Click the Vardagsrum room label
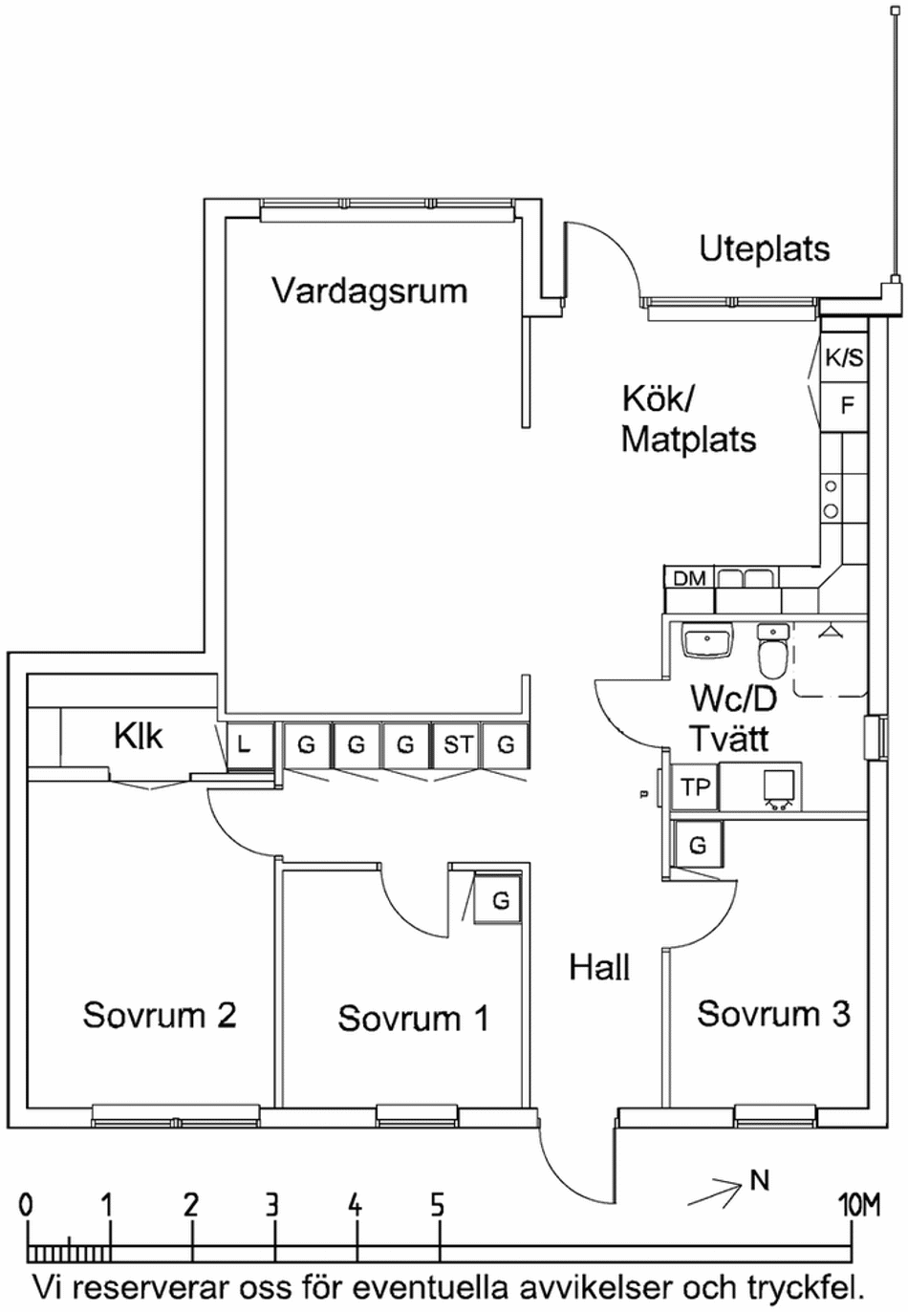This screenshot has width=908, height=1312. (369, 290)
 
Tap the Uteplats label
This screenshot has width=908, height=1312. (764, 249)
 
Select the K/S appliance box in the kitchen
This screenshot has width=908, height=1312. (844, 358)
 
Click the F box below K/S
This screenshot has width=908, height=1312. (846, 405)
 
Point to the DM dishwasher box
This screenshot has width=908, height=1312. (689, 578)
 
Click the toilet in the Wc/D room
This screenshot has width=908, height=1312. (771, 652)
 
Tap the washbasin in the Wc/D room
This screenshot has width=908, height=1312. (706, 639)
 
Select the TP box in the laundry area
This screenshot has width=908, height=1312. (695, 787)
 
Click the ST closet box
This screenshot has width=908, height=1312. (457, 744)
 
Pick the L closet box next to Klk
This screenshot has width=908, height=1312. (244, 744)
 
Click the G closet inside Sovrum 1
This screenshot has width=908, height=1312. (500, 899)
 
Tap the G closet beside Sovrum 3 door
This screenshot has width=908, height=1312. (698, 846)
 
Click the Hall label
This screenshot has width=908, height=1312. (599, 968)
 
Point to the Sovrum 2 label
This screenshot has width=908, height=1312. (159, 1015)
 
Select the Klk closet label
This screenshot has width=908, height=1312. (138, 737)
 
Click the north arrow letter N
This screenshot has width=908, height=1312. (759, 1181)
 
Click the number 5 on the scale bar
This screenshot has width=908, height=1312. (437, 1205)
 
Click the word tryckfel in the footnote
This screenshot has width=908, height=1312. (806, 1288)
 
